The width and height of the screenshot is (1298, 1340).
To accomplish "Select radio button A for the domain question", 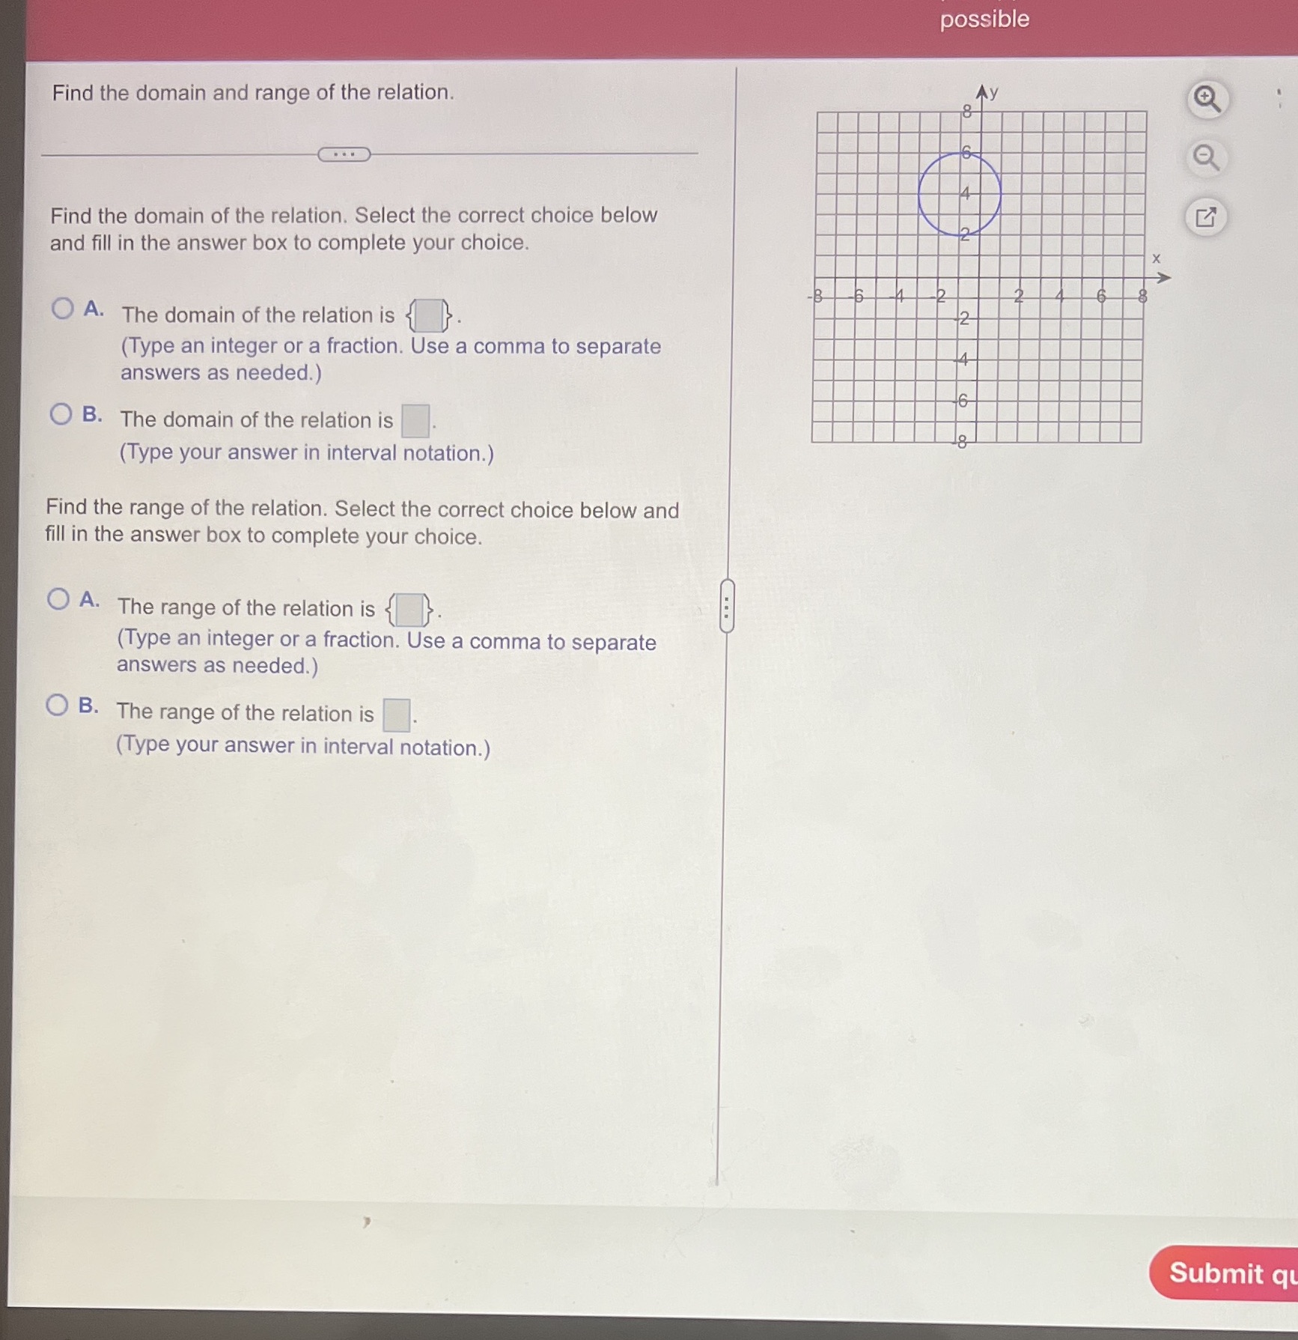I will [63, 308].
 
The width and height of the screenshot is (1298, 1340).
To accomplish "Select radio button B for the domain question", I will [61, 413].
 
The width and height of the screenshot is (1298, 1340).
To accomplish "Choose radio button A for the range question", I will [58, 598].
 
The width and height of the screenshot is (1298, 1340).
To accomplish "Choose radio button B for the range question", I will [57, 705].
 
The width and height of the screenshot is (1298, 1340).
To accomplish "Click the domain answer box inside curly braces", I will [429, 315].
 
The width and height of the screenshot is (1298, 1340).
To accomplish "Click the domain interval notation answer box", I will [415, 420].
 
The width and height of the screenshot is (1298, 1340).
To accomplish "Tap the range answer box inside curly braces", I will [409, 610].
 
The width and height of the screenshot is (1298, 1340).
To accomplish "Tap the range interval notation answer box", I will [396, 715].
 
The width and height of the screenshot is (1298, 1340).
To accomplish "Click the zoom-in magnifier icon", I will [1206, 99].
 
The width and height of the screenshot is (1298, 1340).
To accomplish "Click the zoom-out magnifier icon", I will [1205, 158].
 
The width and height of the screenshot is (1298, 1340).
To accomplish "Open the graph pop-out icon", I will [1205, 217].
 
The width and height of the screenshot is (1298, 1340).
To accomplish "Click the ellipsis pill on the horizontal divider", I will [344, 154].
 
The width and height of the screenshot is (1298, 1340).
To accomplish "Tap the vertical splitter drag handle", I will [726, 605].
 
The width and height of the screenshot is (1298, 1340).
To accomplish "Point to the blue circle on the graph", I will [920, 195].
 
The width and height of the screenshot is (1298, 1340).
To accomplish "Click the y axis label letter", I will [993, 93].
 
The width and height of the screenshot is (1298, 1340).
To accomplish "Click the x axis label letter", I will [1156, 258].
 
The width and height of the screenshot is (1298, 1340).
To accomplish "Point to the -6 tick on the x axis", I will [858, 297].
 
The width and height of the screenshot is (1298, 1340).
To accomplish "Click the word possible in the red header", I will [984, 19].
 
